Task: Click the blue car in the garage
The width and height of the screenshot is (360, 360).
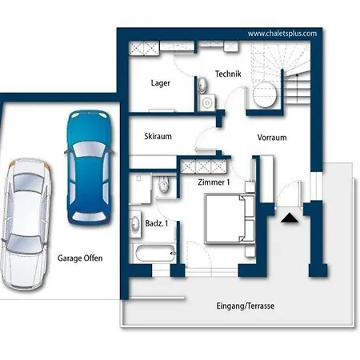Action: click(x=90, y=167)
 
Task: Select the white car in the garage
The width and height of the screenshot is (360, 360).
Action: click(x=26, y=224)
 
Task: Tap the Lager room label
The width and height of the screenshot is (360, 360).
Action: click(x=161, y=83)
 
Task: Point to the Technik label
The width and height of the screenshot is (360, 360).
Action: click(x=228, y=74)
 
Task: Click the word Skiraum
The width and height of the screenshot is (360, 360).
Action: click(x=158, y=136)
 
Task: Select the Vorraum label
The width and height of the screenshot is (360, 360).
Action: click(x=272, y=138)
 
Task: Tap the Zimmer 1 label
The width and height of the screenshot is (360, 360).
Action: click(x=214, y=182)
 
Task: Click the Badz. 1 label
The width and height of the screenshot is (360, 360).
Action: click(x=157, y=223)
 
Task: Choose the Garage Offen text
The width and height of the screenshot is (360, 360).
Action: click(x=80, y=258)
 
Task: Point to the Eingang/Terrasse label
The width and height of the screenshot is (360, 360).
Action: click(x=246, y=306)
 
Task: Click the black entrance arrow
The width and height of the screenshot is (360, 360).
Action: click(x=290, y=218)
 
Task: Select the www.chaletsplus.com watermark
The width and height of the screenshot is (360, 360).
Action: click(x=282, y=34)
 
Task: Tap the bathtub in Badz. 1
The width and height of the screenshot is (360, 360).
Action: click(x=155, y=254)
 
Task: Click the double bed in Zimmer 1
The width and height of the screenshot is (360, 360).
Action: click(x=230, y=219)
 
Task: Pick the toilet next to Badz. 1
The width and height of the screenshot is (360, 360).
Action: click(x=164, y=184)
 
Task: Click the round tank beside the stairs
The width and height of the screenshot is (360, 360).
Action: click(x=265, y=94)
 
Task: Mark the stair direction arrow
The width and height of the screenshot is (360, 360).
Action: click(x=296, y=88)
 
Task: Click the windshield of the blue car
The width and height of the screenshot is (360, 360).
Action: click(x=89, y=149)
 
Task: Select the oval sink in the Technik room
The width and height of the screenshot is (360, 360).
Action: click(x=202, y=85)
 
